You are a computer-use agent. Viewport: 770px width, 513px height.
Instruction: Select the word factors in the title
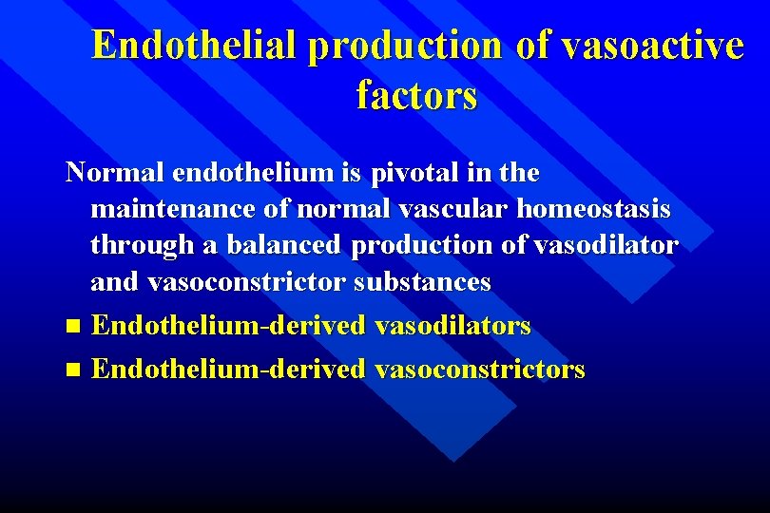coord(416,95)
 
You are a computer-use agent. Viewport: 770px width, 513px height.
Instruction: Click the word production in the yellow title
coord(406,46)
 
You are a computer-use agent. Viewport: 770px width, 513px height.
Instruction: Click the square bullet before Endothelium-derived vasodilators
coord(75,327)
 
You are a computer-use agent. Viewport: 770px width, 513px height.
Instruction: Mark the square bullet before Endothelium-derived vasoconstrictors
coord(75,370)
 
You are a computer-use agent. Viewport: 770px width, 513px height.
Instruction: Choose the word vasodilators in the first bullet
coord(452,326)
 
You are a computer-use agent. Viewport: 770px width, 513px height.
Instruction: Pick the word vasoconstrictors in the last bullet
coord(480,369)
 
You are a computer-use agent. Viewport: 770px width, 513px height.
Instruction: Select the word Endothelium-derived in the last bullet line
coord(228,369)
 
